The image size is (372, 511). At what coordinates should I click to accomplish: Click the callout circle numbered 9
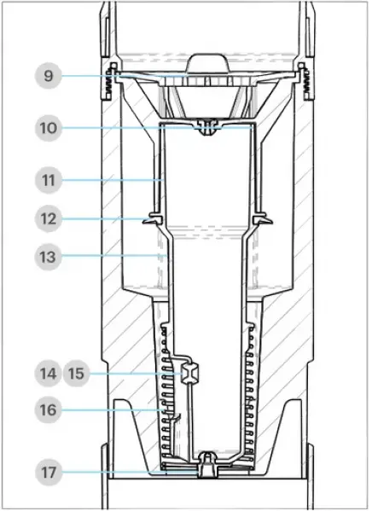(x=49, y=77)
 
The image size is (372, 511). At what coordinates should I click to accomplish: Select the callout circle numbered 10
(x=49, y=130)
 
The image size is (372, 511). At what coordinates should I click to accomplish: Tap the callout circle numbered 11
(x=49, y=181)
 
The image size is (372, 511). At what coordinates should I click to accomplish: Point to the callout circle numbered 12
(x=49, y=218)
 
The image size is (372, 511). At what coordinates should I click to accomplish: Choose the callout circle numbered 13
(x=49, y=254)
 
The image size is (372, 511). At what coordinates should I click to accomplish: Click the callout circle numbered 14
(x=49, y=374)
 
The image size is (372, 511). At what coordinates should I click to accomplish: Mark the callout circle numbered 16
(x=49, y=409)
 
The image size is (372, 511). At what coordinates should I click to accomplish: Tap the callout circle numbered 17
(x=49, y=470)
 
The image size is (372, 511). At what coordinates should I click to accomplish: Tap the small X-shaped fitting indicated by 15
(x=189, y=373)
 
